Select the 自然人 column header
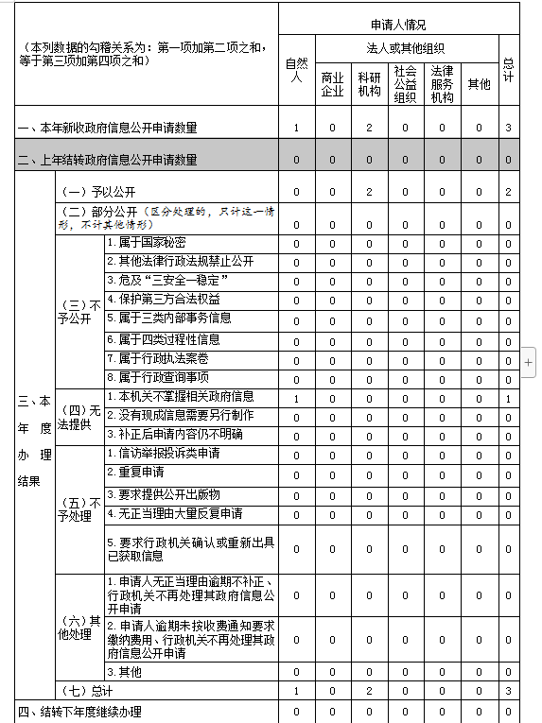pos(296,70)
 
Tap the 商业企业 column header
pos(332,84)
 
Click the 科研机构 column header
pos(369,84)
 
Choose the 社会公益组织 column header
pos(405,84)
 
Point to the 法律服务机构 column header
pos(442,84)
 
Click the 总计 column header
pos(508,70)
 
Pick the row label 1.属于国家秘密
pos(146,243)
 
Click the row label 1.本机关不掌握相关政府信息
pos(180,397)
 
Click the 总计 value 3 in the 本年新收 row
pos(508,128)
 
